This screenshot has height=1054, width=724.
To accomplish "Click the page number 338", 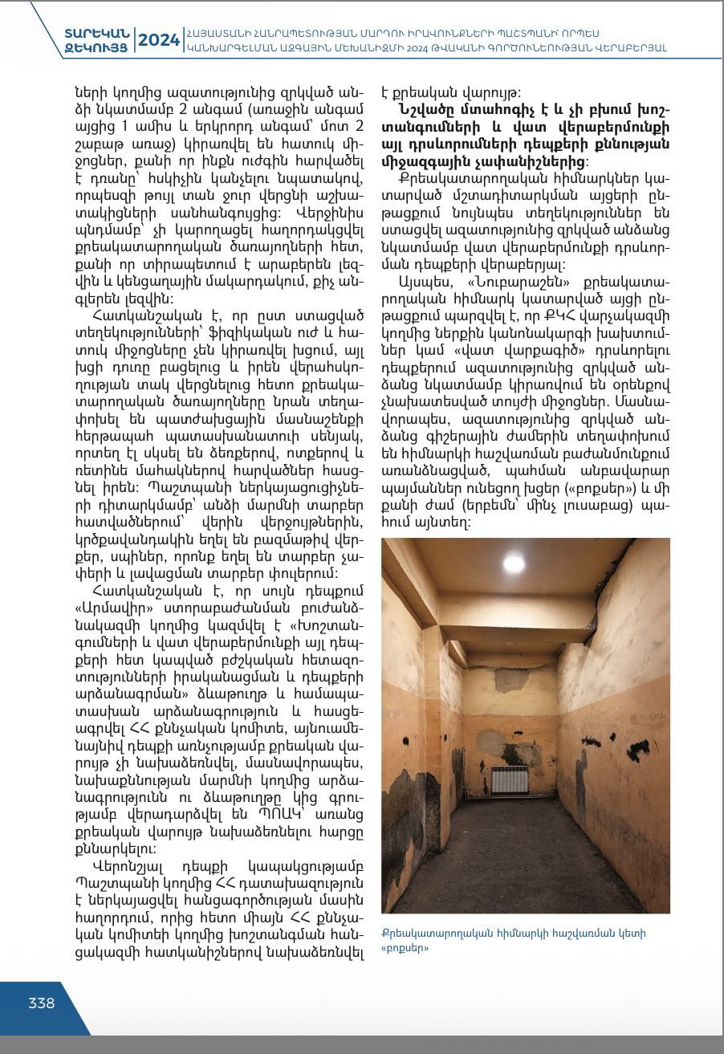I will coord(42,1003).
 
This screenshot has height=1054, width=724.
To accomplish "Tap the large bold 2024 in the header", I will coord(159,40).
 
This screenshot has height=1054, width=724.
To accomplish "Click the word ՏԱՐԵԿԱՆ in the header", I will coord(97,33).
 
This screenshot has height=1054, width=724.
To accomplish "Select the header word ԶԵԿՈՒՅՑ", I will coord(97,47).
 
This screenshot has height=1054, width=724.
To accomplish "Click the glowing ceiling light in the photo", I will coord(514,563).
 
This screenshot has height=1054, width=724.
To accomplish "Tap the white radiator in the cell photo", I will coord(510,779).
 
